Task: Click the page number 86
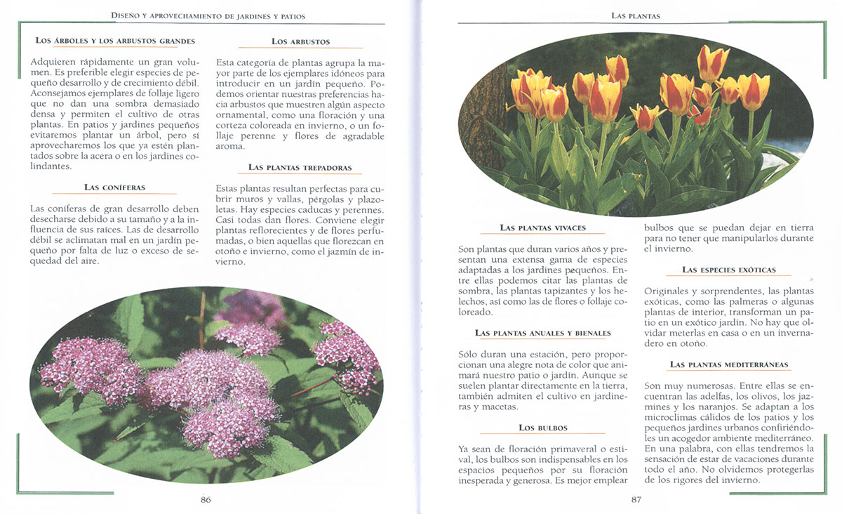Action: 206,500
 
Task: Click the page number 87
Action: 636,500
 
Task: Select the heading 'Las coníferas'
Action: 114,187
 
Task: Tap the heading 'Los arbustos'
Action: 300,42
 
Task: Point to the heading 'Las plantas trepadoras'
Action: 300,168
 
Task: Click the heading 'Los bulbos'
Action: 543,428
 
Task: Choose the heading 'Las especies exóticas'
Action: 729,270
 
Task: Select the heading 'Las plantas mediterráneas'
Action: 729,365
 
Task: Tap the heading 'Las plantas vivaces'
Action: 542,228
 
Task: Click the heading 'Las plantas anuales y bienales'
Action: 542,333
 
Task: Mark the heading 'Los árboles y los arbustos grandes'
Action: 115,41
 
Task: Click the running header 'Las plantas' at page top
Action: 636,15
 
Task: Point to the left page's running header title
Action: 208,15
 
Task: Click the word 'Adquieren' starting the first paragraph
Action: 53,62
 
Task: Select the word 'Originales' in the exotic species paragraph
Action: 668,291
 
